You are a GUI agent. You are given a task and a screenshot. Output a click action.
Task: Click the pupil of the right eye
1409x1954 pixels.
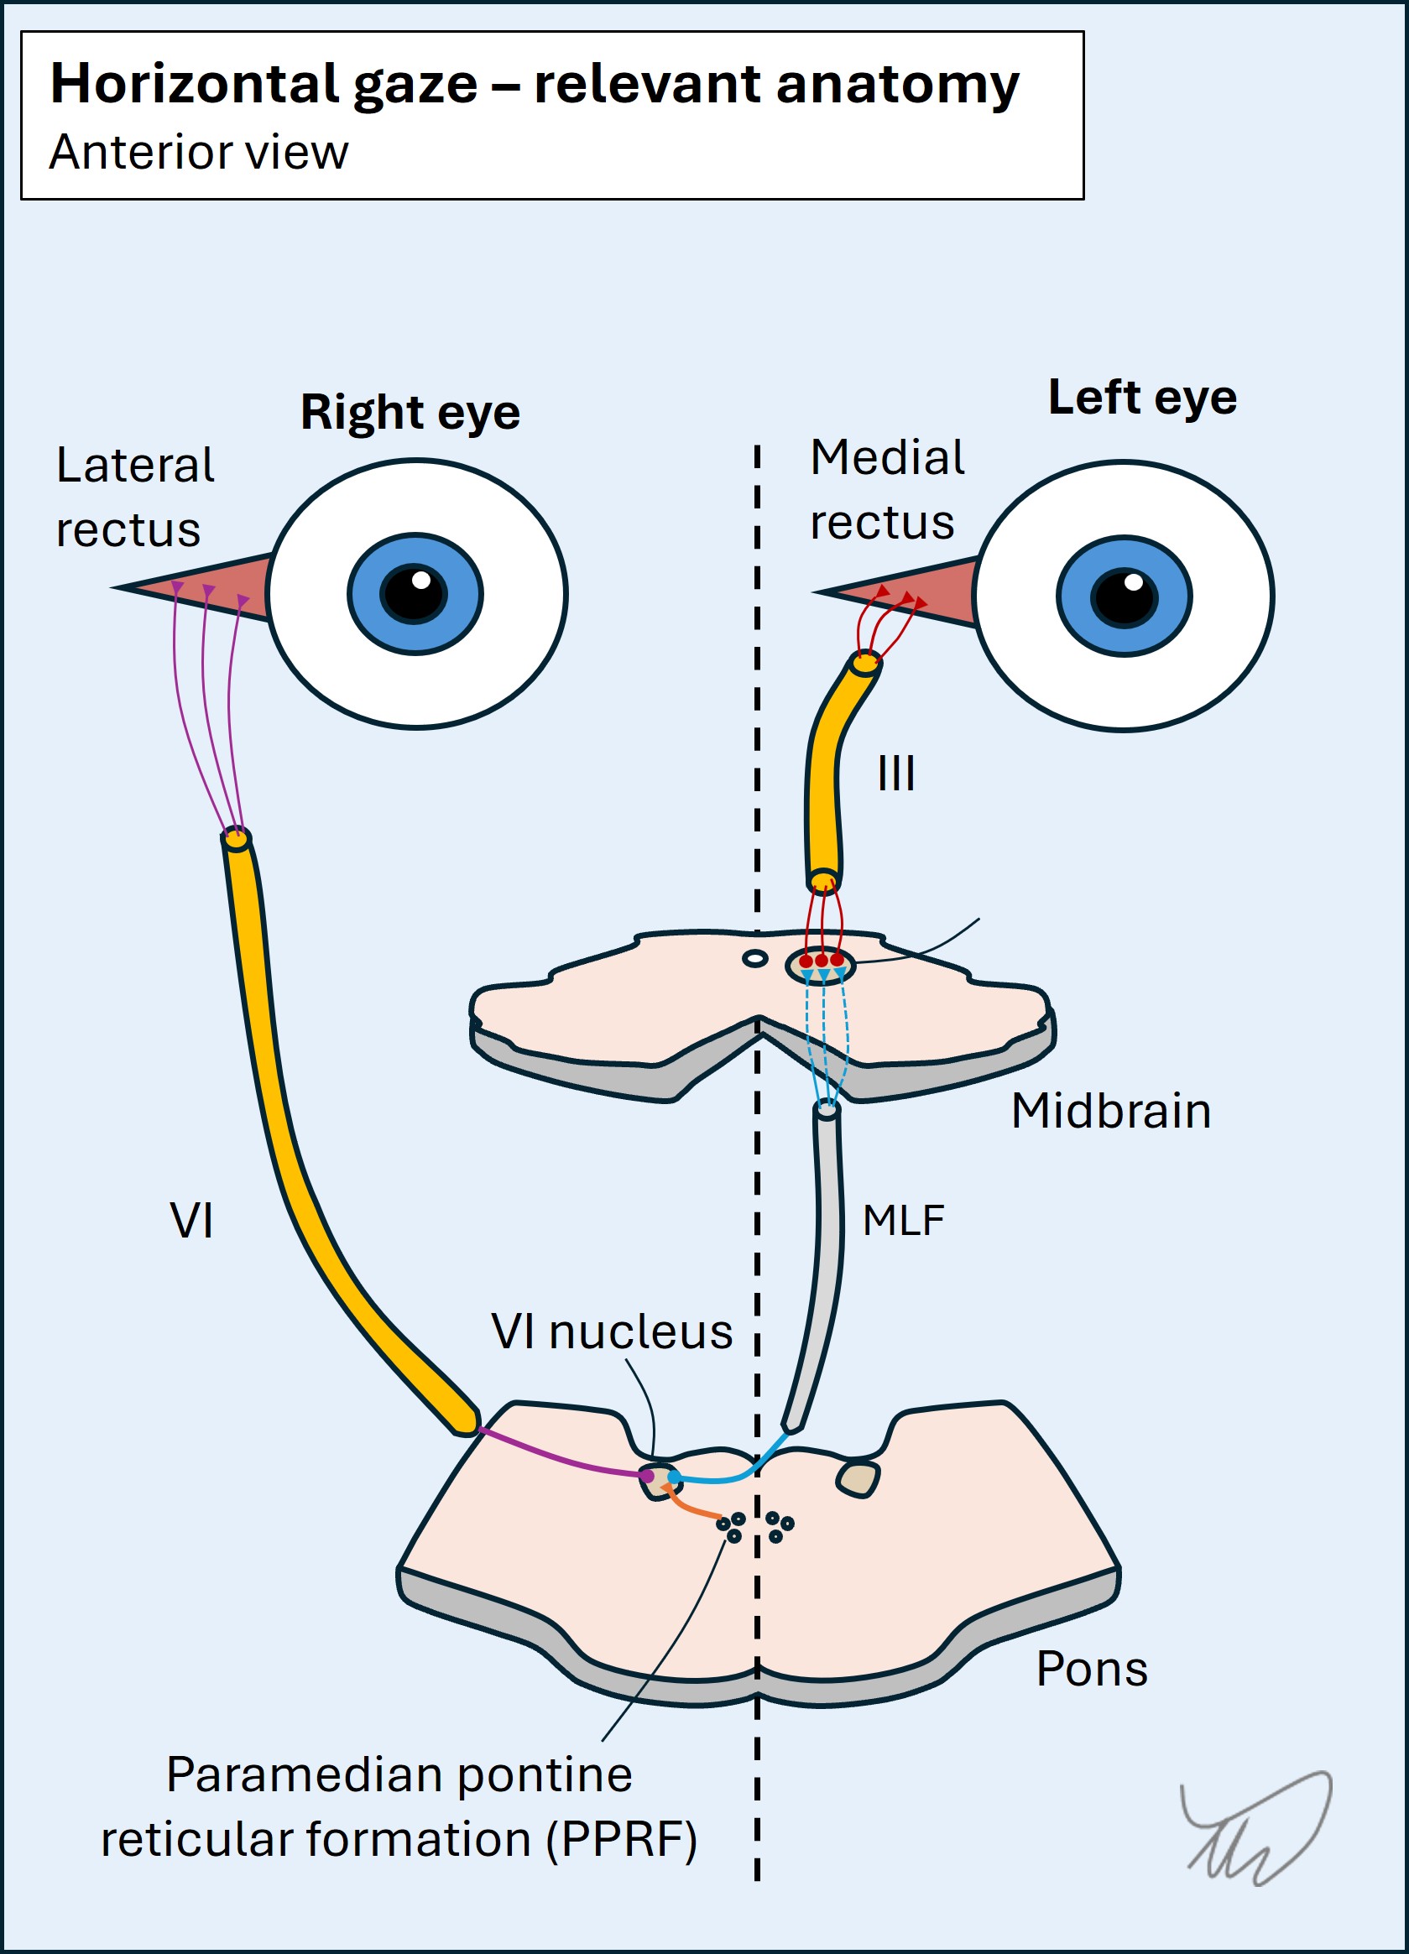tap(415, 594)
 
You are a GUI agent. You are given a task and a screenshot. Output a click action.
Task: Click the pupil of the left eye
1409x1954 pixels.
tap(1124, 597)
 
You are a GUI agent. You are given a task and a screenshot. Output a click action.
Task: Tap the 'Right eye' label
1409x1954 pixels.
tap(410, 412)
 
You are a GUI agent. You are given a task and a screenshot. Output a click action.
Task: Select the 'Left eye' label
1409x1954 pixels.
tap(1142, 397)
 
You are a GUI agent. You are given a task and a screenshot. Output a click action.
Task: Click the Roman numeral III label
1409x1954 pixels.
tap(896, 773)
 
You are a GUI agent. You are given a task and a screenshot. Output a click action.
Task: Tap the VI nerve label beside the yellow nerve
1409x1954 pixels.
tap(191, 1220)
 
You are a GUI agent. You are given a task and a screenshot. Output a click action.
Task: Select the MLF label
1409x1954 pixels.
tap(903, 1220)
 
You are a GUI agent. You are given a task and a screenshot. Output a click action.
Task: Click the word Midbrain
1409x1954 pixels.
tap(1111, 1111)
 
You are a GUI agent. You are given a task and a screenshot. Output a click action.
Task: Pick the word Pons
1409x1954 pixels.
tap(1092, 1669)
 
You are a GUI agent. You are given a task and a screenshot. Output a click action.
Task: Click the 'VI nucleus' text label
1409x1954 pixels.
tap(612, 1331)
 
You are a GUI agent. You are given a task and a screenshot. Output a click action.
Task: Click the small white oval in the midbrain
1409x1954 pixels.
tap(755, 958)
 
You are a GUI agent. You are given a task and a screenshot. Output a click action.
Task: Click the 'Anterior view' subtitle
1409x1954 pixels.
tap(198, 153)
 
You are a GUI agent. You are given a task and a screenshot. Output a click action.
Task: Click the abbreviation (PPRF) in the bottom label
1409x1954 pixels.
tap(621, 1840)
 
